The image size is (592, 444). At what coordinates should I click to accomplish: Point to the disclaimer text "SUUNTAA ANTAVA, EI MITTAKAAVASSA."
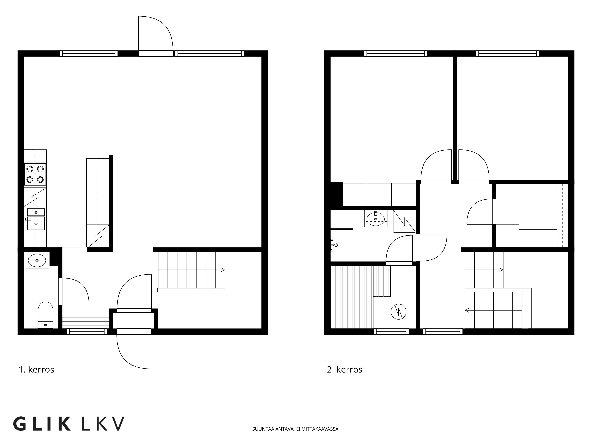(x=296, y=429)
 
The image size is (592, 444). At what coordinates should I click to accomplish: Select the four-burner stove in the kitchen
(x=35, y=174)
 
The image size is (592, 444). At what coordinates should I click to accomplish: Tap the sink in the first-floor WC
(x=37, y=260)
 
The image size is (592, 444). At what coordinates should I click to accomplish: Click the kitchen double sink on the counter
(x=36, y=219)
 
